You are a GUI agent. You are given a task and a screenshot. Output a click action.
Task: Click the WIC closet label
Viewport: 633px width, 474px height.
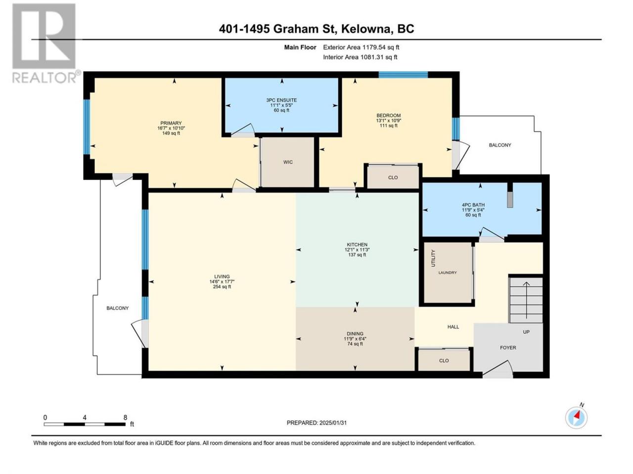coord(287,162)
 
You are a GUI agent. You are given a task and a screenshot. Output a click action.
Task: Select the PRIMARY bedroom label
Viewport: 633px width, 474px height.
coord(171,123)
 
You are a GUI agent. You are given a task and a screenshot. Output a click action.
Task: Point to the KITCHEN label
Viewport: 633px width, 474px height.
coord(357,244)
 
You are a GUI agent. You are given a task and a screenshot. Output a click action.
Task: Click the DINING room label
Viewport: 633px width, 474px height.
coord(355,334)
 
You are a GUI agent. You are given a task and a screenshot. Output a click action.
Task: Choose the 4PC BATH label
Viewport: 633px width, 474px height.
coord(473,205)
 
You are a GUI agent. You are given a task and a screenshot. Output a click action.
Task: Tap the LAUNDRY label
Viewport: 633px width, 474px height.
coord(448,273)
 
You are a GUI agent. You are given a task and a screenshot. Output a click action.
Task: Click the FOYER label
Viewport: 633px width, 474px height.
coord(508,348)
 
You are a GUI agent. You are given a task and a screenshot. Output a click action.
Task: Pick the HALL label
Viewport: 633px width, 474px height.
coord(453,327)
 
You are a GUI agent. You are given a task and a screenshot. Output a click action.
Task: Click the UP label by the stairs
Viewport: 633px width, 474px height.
coord(526,332)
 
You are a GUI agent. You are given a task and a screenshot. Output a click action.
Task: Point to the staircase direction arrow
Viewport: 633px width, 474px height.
coord(526,300)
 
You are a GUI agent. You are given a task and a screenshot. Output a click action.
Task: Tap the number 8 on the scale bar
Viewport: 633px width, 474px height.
coord(125,418)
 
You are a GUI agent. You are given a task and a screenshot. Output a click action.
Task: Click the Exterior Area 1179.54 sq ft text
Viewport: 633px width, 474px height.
coord(361,47)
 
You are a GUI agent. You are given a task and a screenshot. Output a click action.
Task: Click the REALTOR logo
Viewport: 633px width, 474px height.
coord(45,43)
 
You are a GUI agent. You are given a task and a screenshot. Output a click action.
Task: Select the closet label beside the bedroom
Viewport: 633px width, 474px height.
coord(393,178)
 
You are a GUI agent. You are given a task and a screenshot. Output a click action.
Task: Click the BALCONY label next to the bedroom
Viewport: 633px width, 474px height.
coord(500,145)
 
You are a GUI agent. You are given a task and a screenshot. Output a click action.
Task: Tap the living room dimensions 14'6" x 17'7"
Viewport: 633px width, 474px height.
coord(222,281)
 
